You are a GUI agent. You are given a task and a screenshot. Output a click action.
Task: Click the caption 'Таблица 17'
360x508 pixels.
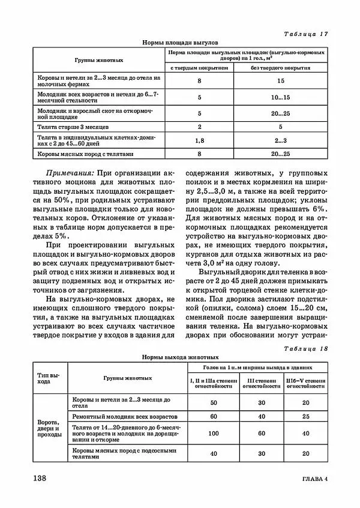coord(305,34)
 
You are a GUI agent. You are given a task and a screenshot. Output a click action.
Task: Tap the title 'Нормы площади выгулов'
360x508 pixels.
coord(180,43)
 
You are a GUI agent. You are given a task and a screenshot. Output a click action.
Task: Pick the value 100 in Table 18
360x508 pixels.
coord(214,432)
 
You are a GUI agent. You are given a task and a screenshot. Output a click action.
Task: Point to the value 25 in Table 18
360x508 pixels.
coord(306,416)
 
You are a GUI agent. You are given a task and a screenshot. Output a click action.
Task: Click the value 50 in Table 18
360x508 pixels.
coord(214,403)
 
